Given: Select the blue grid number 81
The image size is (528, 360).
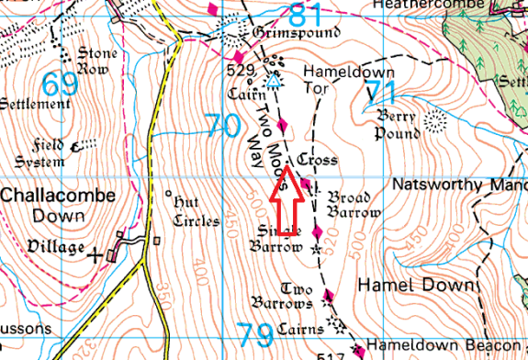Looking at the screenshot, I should pos(309,15).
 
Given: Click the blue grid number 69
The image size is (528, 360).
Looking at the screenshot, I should pos(60,84).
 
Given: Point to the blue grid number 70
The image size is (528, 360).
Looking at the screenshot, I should pos(222,125).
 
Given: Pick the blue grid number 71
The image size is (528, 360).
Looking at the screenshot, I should pos(380,92).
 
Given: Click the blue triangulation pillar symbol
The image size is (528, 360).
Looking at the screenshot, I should pos(273,82).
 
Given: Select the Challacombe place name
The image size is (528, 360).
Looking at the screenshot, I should pos(58,195).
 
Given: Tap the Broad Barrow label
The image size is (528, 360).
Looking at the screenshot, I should pos(354,205).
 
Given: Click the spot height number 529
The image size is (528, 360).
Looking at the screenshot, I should pos(240,68).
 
